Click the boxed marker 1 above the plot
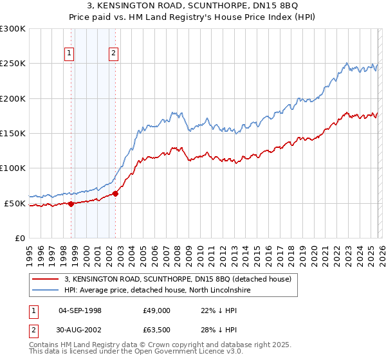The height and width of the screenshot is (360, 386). tap(69, 54)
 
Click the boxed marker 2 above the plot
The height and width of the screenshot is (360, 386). tap(114, 54)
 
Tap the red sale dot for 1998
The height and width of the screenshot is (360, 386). tap(71, 204)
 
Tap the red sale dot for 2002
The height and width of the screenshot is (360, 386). tap(115, 194)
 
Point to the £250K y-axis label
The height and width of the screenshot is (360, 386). tap(12, 64)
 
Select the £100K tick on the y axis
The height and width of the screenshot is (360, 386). tap(12, 168)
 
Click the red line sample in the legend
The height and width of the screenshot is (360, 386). tap(46, 280)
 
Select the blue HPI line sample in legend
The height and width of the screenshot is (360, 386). tap(46, 291)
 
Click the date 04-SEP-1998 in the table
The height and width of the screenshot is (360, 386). tap(80, 310)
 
